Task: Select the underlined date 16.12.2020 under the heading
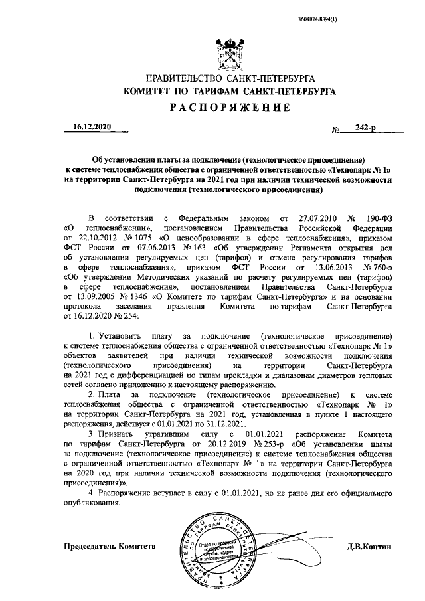[93, 127]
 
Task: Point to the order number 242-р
[366, 128]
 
